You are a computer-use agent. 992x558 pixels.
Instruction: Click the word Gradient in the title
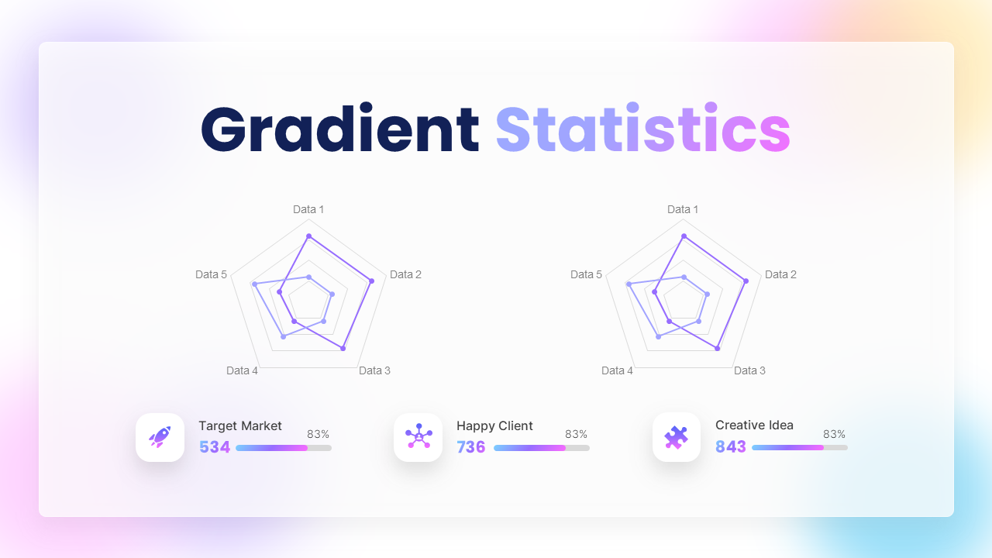339,129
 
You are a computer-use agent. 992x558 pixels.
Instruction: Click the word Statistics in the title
642,129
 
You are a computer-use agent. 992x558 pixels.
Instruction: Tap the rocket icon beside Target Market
160,437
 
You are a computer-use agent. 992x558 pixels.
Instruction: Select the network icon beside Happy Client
418,437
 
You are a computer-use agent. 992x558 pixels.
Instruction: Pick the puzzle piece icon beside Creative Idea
677,437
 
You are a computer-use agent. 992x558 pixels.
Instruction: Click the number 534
215,447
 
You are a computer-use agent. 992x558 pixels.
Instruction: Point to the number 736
471,447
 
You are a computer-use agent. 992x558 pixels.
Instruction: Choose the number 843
731,447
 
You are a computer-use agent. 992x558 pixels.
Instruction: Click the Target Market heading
240,425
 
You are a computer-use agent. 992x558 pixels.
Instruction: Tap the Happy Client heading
494,425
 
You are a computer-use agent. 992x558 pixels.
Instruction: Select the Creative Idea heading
754,425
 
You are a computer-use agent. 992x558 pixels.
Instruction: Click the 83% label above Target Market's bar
319,435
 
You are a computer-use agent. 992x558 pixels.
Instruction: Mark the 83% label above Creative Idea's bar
835,435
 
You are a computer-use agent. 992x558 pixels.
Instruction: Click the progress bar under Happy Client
541,448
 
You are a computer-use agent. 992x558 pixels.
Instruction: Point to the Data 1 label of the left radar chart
308,209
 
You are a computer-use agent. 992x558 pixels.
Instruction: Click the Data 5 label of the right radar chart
586,274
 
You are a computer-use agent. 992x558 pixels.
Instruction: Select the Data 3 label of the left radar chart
374,370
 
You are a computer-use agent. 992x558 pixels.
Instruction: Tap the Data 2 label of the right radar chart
780,274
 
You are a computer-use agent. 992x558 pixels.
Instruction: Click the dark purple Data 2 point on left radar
372,281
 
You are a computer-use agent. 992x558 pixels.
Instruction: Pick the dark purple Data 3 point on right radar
718,349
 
